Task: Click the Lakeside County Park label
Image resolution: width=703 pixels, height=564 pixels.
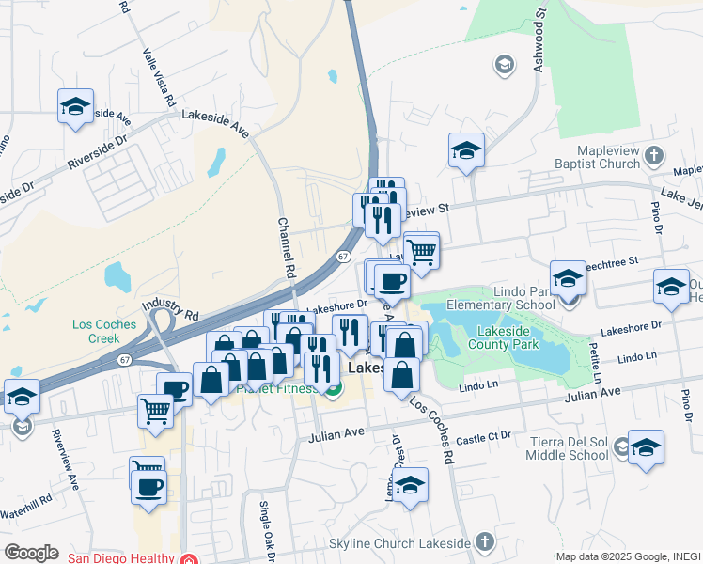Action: [x=495, y=338]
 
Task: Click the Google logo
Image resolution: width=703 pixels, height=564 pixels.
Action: [x=31, y=552]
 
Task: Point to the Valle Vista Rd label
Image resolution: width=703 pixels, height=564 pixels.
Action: [x=158, y=75]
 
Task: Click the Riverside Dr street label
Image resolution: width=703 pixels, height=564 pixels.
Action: [x=96, y=156]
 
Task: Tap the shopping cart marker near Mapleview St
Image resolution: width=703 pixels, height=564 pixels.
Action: [x=423, y=250]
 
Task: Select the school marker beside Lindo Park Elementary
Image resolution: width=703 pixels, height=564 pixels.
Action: [x=568, y=278]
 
